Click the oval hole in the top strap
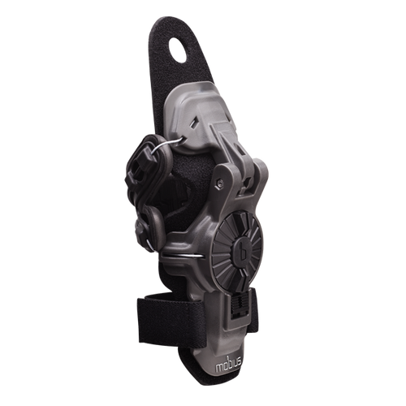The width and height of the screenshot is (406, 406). point(178,50)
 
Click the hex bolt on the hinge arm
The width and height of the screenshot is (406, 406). point(221,184)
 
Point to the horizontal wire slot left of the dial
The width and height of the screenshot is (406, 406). point(184,255)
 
